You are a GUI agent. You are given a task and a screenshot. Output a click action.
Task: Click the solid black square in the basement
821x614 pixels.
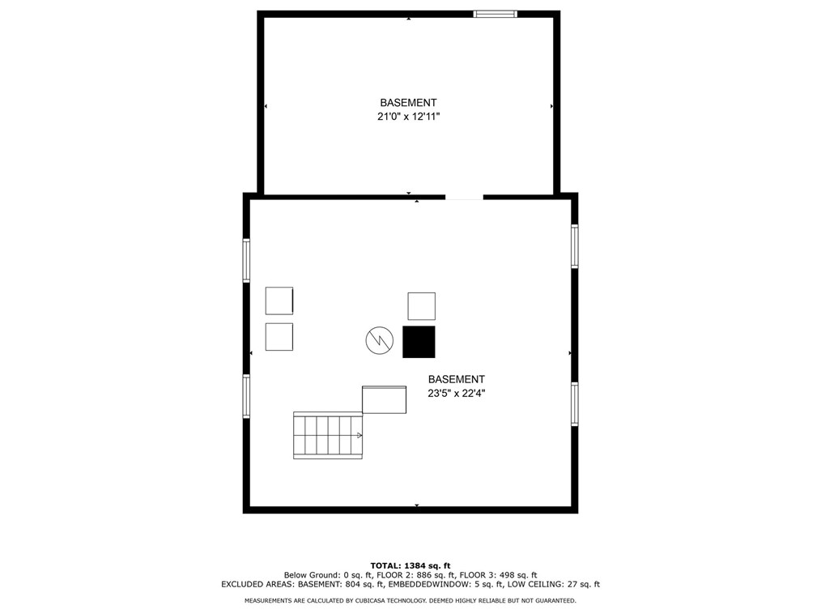point(419,341)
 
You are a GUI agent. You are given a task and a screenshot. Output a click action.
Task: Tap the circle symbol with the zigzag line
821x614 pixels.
point(377,341)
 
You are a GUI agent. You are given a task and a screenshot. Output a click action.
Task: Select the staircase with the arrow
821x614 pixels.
point(327,435)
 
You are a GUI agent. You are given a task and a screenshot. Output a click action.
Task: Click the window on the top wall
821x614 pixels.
point(495,14)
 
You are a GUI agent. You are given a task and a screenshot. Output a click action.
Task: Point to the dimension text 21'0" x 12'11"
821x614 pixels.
point(408,117)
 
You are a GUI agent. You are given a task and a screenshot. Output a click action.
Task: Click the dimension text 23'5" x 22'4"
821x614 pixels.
point(456,394)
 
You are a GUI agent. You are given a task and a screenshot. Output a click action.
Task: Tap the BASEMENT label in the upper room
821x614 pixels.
point(408,103)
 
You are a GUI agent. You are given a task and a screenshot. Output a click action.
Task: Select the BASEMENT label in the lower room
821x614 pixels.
point(456,379)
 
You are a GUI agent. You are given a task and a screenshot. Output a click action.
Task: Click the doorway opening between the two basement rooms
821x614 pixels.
point(464,197)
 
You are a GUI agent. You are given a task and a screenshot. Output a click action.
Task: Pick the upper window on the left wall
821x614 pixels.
point(246,260)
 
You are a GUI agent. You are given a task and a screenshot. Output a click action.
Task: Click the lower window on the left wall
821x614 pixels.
point(246,396)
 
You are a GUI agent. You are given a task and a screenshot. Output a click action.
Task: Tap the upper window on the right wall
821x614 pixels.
point(574,246)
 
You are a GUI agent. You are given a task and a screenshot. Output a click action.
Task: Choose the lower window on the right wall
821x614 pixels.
point(574,404)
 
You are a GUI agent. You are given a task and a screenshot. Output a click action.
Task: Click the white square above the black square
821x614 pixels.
point(421,306)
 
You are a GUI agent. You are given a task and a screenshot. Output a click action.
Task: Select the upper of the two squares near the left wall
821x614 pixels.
point(279,301)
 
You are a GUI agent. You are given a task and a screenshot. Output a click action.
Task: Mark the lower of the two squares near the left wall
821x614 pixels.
point(279,337)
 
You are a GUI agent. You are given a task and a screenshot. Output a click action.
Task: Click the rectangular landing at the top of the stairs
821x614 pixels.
point(384,399)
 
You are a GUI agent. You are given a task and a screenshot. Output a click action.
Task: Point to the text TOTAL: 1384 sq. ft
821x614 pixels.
point(410,565)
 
